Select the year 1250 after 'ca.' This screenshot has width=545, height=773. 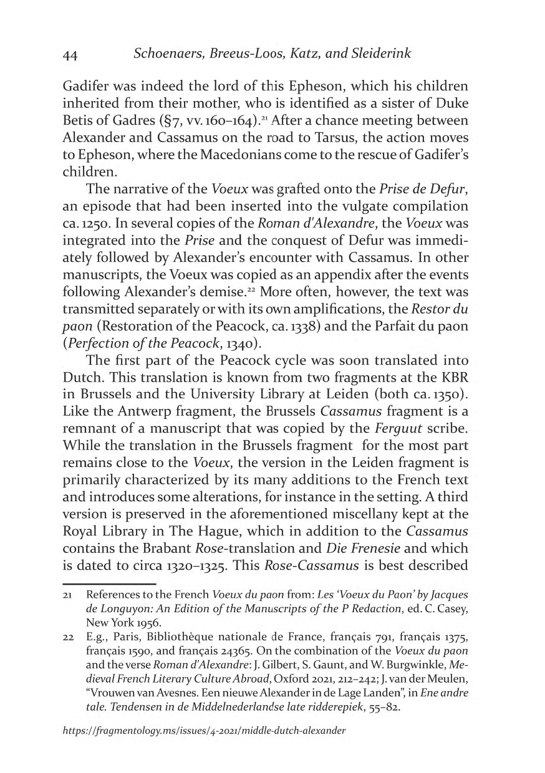(95, 224)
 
